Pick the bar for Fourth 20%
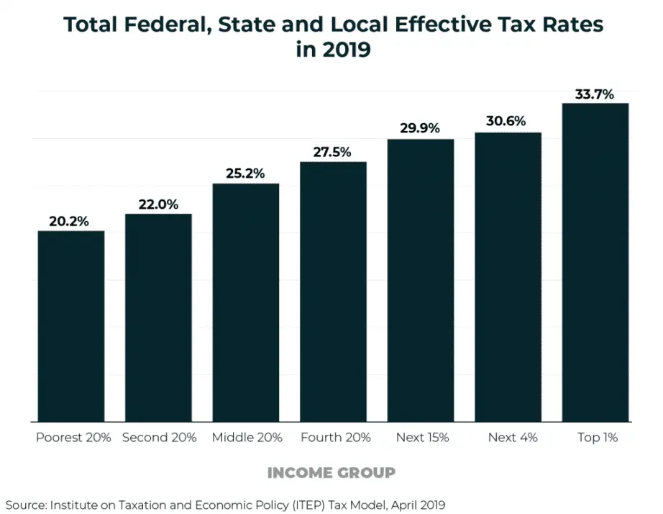(x=333, y=292)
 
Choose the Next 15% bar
(x=421, y=280)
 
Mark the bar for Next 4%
(x=508, y=277)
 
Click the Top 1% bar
(x=595, y=262)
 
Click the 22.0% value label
(x=158, y=204)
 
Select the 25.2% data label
(x=245, y=173)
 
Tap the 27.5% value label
(x=332, y=152)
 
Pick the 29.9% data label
(x=420, y=129)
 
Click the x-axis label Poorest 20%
(x=73, y=437)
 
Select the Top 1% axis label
(x=598, y=437)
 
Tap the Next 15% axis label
(x=422, y=437)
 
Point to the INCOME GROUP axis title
(x=331, y=472)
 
